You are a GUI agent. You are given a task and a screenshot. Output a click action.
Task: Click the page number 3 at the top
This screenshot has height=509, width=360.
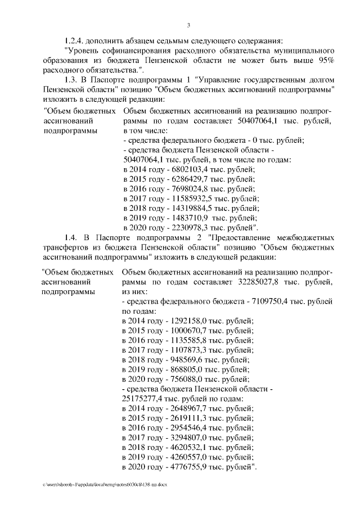pos(189,25)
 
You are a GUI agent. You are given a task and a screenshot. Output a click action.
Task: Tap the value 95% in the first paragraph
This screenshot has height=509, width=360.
pos(325,60)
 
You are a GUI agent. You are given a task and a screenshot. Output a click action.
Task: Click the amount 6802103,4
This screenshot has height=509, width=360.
pos(184,169)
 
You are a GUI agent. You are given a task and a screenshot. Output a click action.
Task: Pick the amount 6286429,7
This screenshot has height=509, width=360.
pos(184,179)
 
